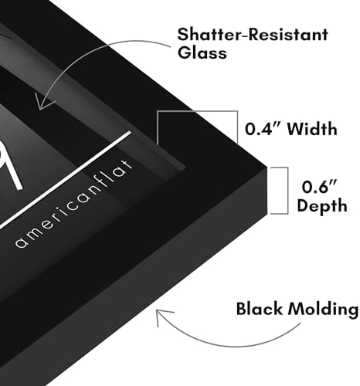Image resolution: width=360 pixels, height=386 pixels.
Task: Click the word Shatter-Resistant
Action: point(253,35)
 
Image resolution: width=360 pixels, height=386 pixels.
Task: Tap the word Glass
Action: point(202,53)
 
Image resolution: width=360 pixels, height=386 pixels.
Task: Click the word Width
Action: point(312,129)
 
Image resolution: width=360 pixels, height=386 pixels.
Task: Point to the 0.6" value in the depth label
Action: point(319,187)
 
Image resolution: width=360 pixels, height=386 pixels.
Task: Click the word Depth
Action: point(322,206)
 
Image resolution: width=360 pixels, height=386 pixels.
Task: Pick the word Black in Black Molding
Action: point(260,309)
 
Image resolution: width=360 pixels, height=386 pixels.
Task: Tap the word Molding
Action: point(323,310)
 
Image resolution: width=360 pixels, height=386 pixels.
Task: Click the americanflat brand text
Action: point(74,205)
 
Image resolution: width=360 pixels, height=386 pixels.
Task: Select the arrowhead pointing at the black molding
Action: point(163,316)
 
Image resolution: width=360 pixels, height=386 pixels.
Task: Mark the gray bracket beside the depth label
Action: point(287,191)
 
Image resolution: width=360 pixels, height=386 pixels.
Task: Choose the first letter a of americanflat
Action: point(22,242)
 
